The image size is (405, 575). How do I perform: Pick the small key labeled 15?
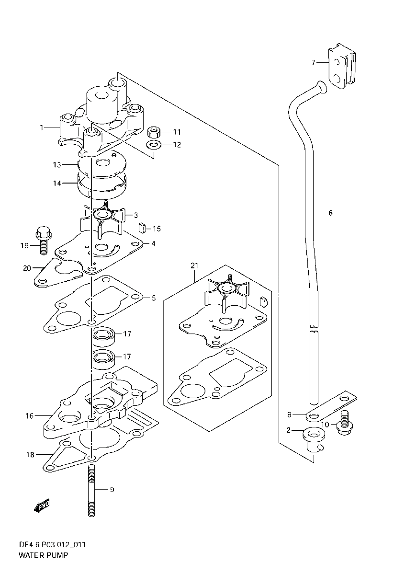click(142, 227)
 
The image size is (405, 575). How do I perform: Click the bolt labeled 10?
click(343, 423)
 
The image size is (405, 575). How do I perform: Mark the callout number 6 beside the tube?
click(330, 213)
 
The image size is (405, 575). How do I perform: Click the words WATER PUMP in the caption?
click(43, 555)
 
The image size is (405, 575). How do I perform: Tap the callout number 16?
click(30, 415)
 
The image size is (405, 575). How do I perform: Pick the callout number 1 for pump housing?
click(42, 127)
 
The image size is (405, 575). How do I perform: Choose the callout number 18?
click(31, 455)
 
